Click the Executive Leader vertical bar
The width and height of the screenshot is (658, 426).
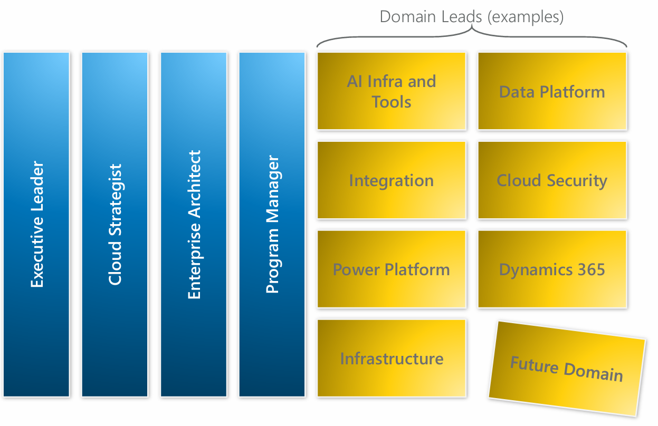(36, 224)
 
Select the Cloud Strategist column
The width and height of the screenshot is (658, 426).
(115, 224)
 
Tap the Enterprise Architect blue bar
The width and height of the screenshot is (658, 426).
(194, 224)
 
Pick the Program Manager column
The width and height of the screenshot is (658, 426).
(272, 224)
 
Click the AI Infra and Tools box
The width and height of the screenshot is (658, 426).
(392, 91)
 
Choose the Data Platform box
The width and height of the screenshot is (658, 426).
(552, 91)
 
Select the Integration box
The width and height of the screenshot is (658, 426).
(392, 180)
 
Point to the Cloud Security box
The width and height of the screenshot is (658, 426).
(552, 180)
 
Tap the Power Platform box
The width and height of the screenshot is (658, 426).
(392, 269)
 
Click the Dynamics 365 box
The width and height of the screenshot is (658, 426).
(552, 269)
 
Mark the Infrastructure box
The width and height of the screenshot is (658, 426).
(392, 359)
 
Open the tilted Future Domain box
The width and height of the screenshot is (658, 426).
(567, 368)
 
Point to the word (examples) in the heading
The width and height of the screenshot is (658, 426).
(525, 17)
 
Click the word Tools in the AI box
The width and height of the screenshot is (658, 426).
(392, 102)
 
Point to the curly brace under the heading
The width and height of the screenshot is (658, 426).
(472, 33)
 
